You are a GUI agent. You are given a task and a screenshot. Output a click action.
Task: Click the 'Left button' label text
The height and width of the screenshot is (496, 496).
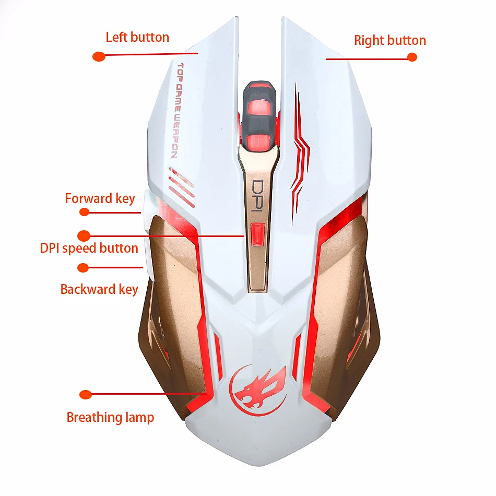137,37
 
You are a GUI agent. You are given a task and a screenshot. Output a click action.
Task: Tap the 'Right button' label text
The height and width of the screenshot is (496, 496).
389,41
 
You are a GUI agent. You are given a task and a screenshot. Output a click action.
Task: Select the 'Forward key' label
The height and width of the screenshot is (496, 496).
100,199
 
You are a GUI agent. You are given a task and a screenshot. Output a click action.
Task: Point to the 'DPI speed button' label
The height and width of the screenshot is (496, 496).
89,249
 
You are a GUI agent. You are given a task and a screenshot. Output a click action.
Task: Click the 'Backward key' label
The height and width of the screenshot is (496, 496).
99,290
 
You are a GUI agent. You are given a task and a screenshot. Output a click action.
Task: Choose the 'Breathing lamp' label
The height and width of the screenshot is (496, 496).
110,418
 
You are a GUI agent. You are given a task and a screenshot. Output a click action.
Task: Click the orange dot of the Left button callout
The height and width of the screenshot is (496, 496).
99,56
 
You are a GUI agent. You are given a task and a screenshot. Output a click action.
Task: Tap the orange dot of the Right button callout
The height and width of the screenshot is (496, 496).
412,57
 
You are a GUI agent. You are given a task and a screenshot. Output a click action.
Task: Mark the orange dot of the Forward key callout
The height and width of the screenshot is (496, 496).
84,212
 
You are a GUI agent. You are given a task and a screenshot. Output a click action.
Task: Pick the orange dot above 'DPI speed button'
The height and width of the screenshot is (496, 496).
84,235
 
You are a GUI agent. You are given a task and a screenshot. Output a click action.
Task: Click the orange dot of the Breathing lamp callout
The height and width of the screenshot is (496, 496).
86,395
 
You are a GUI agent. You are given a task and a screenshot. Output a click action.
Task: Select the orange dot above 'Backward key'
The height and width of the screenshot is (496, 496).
83,268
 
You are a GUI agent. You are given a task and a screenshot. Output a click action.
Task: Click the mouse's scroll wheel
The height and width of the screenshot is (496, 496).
259,116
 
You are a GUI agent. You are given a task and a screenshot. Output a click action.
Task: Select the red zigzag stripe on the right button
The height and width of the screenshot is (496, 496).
300,155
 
